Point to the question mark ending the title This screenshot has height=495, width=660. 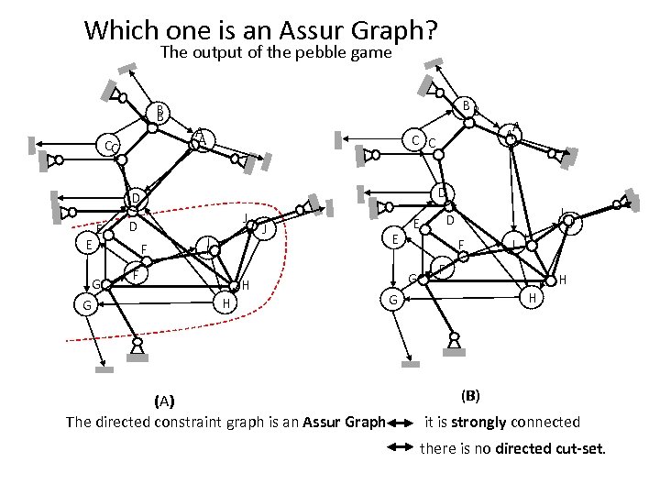point(430,29)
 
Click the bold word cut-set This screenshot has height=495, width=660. point(577,448)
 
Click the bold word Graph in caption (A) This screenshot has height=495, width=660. point(362,423)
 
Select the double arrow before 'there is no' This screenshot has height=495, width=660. point(401,449)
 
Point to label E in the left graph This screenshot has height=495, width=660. point(88,245)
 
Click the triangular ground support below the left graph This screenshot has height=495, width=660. point(137,346)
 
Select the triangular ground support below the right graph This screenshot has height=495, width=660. point(452,341)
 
